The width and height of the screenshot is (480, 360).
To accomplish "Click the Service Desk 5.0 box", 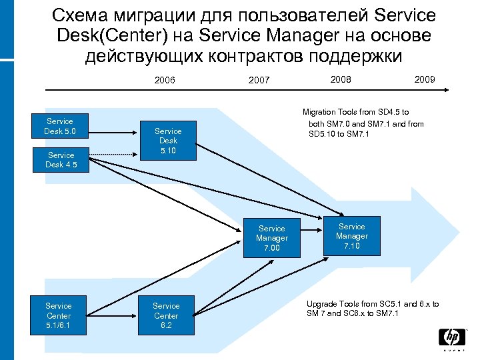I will (60, 126).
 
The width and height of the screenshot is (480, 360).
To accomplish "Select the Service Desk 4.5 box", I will (60, 160).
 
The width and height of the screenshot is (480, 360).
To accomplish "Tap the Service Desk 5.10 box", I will (168, 141).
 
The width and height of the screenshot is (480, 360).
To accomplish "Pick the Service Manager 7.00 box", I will (271, 238).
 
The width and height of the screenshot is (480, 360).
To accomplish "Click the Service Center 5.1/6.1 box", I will (59, 316).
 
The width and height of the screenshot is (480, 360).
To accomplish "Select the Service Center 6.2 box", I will (166, 316).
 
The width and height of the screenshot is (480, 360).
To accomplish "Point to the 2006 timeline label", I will (165, 81).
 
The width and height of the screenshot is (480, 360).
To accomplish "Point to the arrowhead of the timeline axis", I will (450, 88).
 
